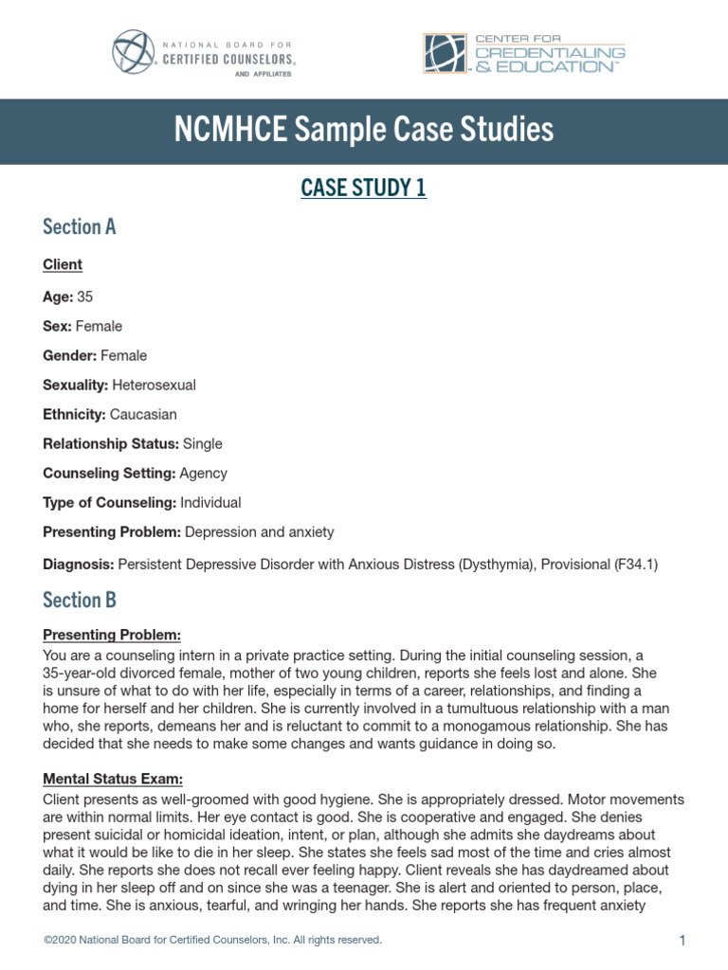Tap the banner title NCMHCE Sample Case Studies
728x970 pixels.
coord(364,130)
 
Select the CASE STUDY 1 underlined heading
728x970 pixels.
coord(364,189)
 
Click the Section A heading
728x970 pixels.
coord(80,226)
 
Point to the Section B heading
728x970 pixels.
coord(80,600)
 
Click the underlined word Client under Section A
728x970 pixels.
coord(63,264)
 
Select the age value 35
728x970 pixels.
coord(85,296)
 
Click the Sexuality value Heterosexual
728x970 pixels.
coord(155,385)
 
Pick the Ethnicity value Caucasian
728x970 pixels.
coord(143,414)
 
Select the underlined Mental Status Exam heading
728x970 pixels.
coord(113,779)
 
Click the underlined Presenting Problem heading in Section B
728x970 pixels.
coord(112,634)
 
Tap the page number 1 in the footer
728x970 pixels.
coord(682,941)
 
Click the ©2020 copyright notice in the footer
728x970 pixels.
coord(213,940)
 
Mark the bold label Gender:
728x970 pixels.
coord(70,355)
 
